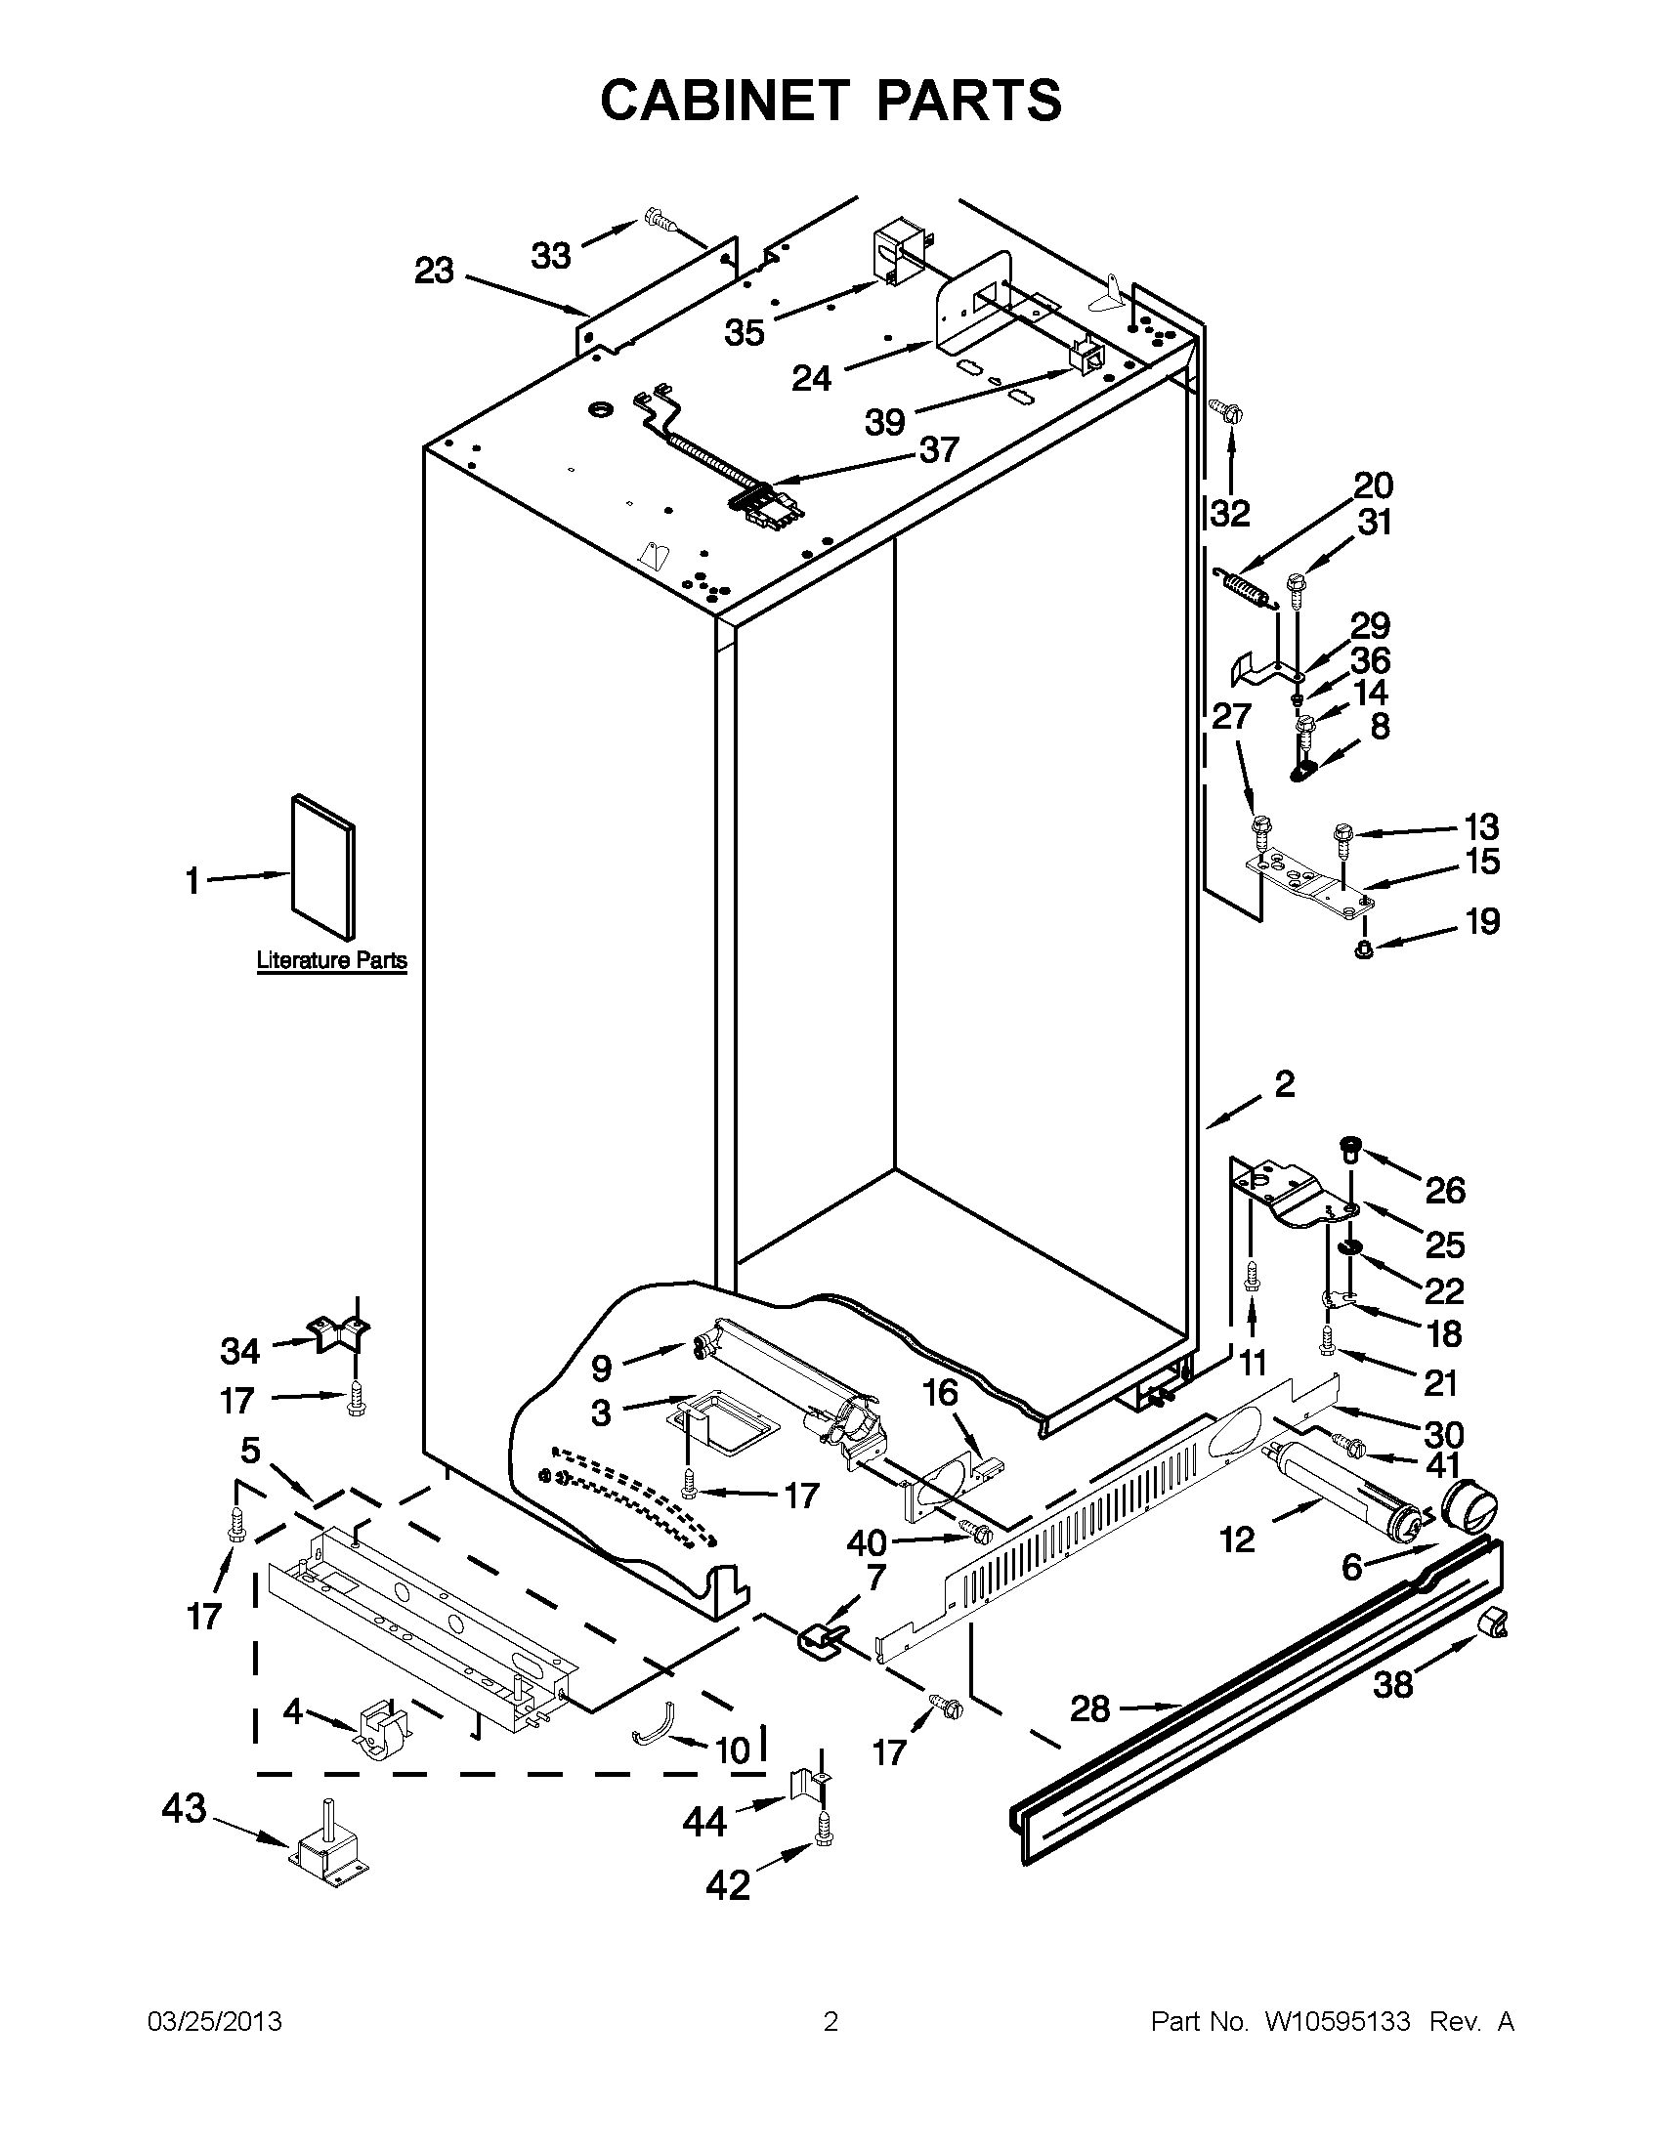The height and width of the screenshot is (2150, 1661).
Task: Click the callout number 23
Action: tap(433, 271)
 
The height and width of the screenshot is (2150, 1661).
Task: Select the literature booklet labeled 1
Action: tap(323, 866)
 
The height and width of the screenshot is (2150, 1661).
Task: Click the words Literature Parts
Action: tap(332, 960)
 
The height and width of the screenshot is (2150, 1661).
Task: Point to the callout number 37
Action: tap(938, 451)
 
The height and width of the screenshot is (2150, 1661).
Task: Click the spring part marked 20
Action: tap(1247, 590)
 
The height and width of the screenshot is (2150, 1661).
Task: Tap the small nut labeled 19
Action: tap(1365, 950)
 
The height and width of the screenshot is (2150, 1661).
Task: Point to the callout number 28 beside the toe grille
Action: tap(1089, 1709)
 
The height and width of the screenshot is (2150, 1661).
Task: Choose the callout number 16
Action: tap(940, 1393)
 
